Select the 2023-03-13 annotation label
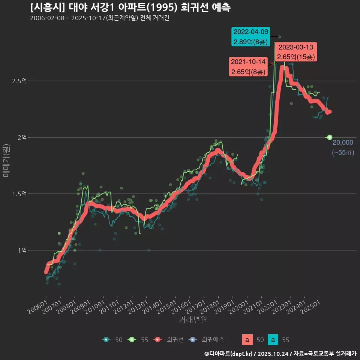(296, 52)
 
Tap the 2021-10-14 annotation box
(248, 67)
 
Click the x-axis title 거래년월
(193, 319)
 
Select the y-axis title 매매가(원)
(6, 160)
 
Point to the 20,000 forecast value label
(343, 142)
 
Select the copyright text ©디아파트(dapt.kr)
(229, 353)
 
